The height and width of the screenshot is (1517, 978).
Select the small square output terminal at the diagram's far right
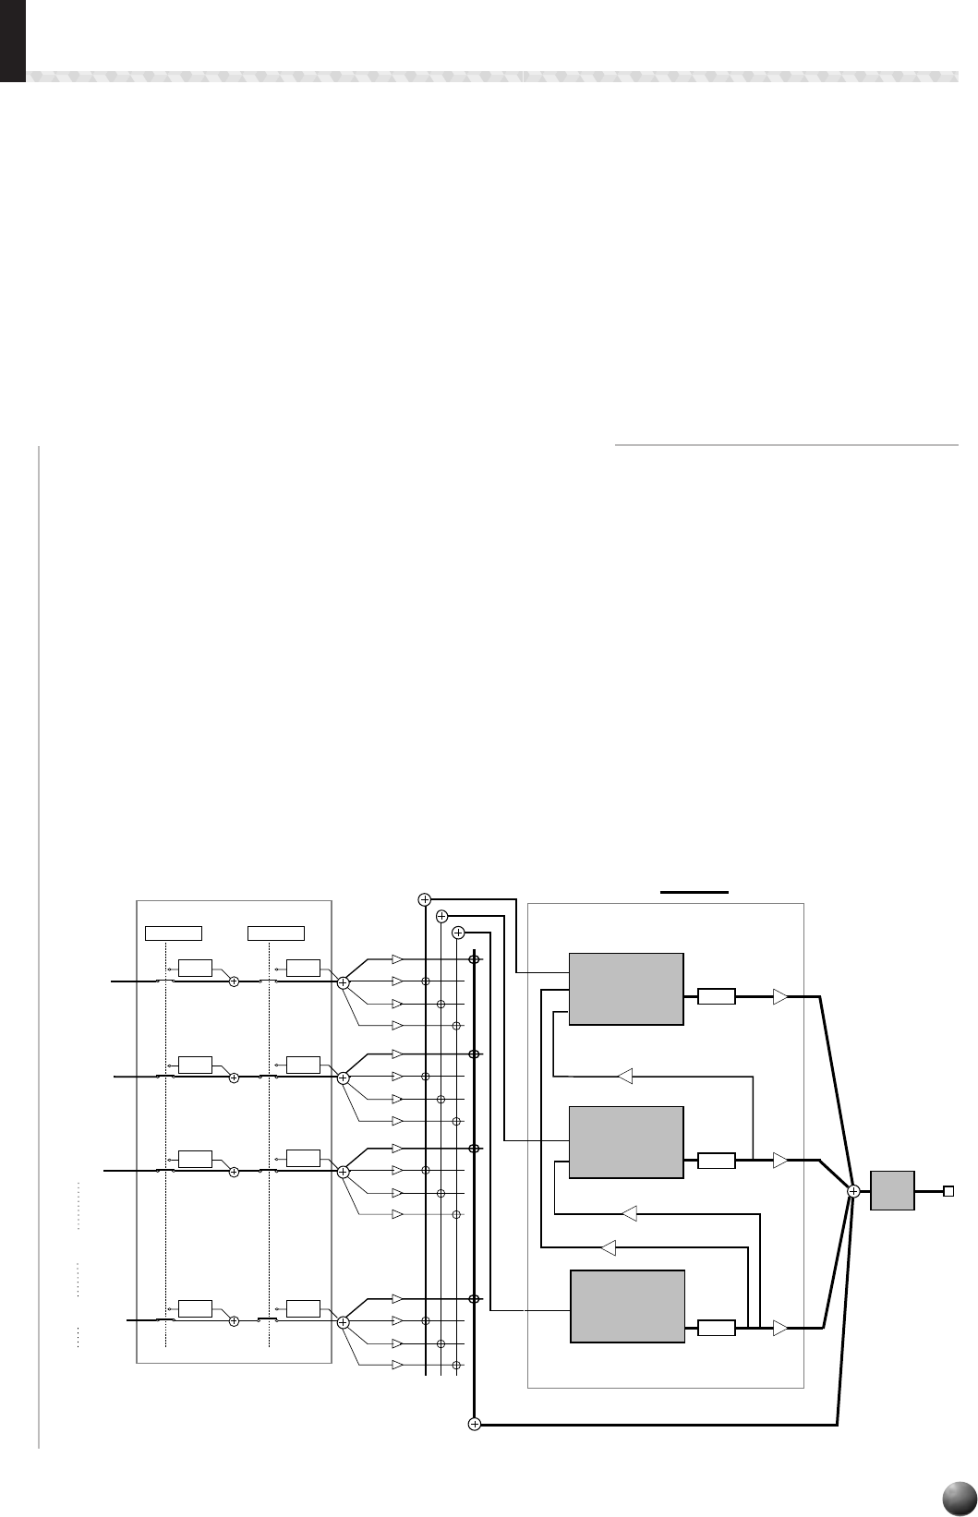coord(948,1191)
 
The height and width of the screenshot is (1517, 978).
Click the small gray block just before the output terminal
coord(893,1191)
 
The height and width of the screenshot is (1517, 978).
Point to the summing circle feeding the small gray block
coord(853,1191)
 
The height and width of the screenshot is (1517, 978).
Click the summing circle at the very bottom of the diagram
coord(475,1425)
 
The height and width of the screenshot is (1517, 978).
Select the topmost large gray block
coord(626,989)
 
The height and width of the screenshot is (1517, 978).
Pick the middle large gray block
coord(626,1141)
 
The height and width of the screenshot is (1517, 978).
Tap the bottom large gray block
coord(627,1306)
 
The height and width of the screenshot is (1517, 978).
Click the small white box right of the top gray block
coord(716,996)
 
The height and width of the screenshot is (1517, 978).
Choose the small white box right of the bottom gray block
coord(716,1329)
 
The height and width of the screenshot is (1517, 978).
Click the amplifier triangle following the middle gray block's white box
coord(780,1160)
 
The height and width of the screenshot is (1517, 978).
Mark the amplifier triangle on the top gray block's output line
coord(780,996)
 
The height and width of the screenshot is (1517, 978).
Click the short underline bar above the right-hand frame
coord(695,892)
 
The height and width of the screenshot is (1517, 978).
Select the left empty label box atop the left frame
coord(174,932)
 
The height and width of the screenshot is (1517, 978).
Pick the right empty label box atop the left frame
coord(276,932)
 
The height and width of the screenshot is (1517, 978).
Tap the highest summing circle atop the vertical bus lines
coord(425,898)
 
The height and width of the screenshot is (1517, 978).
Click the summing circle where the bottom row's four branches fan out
coord(343,1322)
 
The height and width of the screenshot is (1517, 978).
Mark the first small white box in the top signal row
coord(195,968)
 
